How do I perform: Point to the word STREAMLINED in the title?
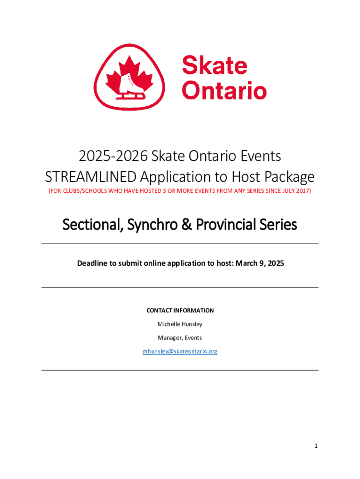91,177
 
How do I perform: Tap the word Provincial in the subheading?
227,225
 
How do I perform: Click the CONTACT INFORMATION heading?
180,311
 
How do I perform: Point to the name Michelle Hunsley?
180,324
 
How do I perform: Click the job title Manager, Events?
180,338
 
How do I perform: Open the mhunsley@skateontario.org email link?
180,351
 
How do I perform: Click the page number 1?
316,446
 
